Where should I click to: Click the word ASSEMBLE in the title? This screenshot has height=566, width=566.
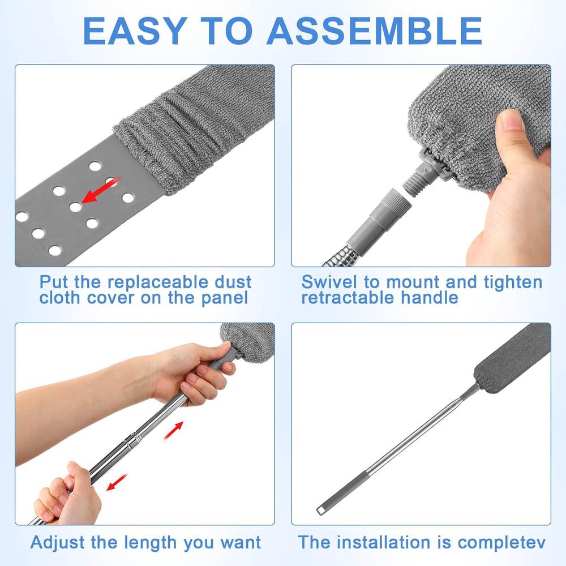[x=374, y=31]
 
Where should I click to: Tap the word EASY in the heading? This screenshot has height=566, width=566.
[x=135, y=31]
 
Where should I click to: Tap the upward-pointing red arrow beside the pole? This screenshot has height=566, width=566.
[x=173, y=430]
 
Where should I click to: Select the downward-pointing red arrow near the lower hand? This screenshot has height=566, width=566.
[x=117, y=482]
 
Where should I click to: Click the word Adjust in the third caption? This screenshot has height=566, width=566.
[x=58, y=543]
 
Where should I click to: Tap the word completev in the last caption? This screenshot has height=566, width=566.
[x=501, y=543]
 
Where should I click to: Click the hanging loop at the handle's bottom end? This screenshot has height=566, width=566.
[x=320, y=511]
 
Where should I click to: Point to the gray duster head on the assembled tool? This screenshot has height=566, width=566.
[x=512, y=357]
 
